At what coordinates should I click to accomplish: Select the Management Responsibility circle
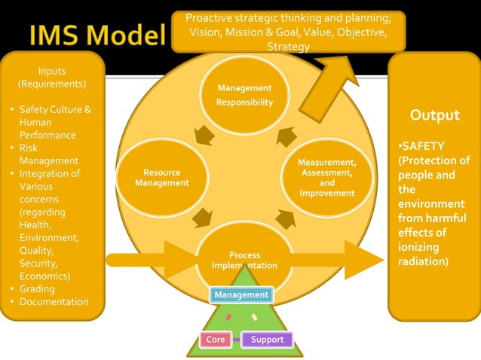pos(244,96)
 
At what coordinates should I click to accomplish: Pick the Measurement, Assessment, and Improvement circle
pos(326,178)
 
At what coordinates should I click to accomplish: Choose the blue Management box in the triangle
pos(240,294)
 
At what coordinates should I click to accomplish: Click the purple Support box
pos(267,340)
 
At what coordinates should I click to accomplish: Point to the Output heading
pos(434,115)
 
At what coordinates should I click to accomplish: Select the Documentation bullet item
pos(54,302)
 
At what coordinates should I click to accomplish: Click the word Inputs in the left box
pos(51,71)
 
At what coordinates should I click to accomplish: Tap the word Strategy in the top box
pos(288,47)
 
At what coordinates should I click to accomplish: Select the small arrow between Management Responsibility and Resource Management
pos(201,136)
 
